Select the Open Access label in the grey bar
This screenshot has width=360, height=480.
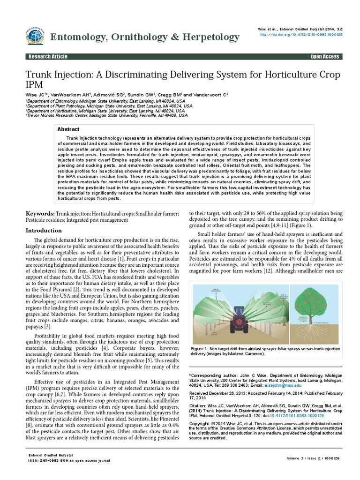click(x=324, y=57)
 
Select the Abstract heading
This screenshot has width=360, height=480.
click(x=68, y=129)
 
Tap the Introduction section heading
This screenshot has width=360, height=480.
click(x=43, y=231)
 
